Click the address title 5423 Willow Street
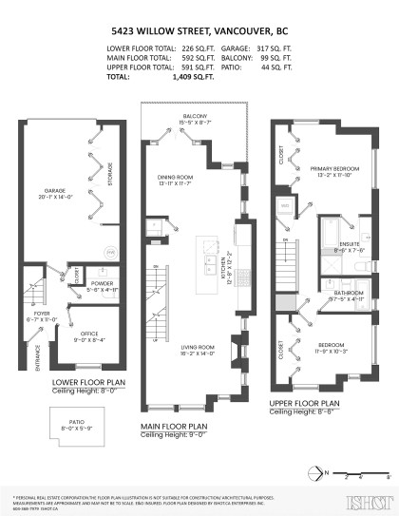(199, 30)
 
